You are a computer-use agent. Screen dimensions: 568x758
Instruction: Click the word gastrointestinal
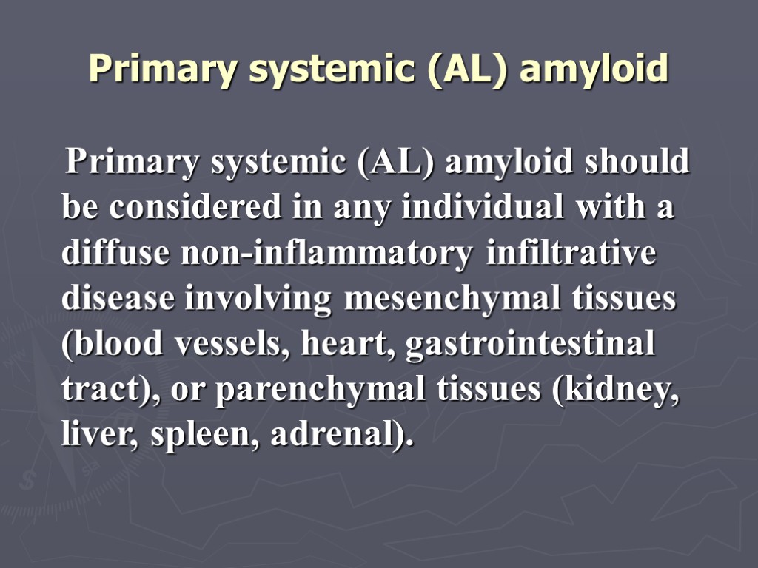pyautogui.click(x=530, y=345)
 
